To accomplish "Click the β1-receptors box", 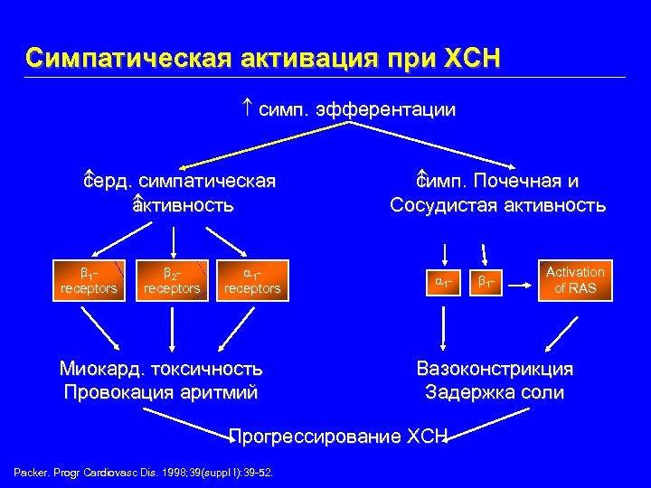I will [88, 280].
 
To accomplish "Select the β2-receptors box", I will [171, 280].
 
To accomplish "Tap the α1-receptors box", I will [252, 280].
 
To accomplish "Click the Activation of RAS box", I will [575, 280].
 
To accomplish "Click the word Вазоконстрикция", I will [495, 369].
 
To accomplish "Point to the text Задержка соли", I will [495, 392].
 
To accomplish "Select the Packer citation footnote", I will [145, 473].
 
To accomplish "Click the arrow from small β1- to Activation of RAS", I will [517, 285].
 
